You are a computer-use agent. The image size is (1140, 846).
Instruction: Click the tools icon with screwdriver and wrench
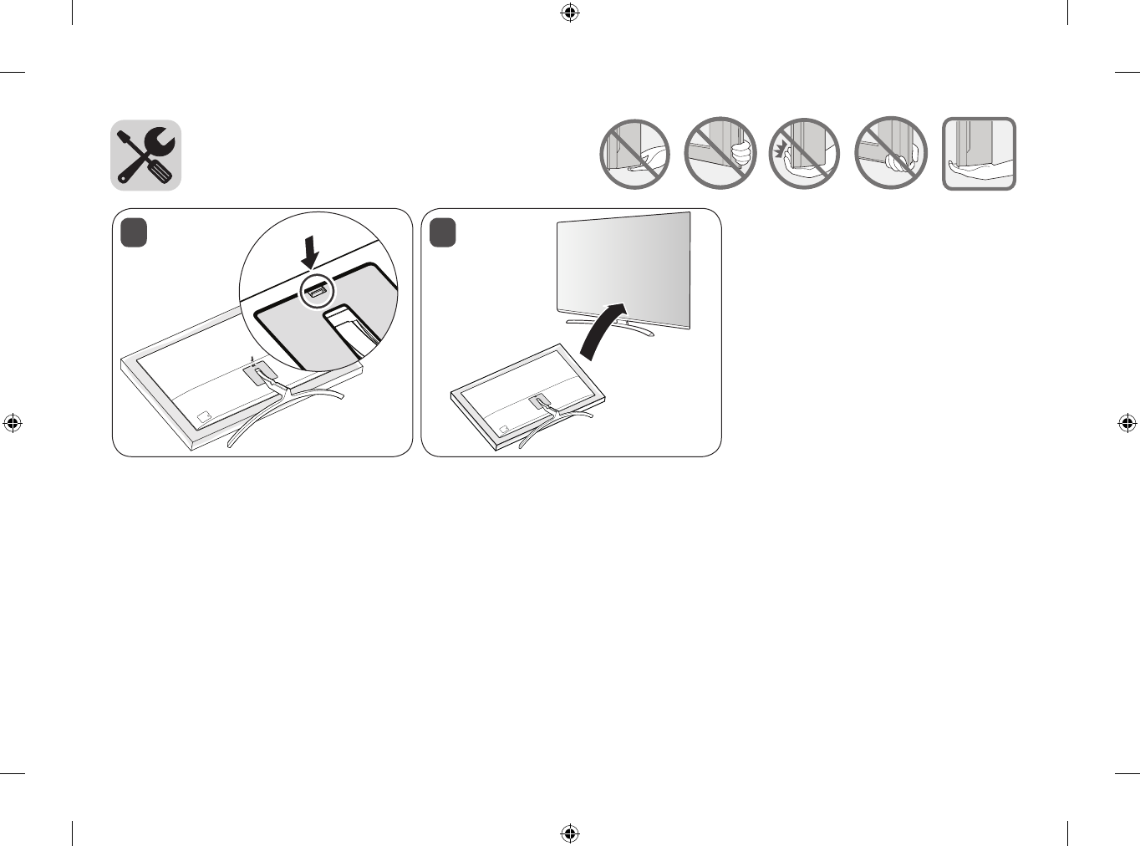tap(146, 155)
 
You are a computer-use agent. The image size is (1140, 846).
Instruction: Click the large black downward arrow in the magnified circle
tap(310, 252)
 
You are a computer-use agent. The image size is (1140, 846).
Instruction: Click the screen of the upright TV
tap(623, 268)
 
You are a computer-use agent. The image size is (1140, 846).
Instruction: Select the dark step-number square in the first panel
tap(134, 232)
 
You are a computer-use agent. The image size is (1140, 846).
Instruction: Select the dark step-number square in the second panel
tap(443, 232)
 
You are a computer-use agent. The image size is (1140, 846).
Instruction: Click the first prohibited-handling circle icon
tap(635, 154)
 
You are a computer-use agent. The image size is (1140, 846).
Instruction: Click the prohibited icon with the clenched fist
tap(720, 154)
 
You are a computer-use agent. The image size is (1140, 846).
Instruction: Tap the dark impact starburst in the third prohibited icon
tap(781, 150)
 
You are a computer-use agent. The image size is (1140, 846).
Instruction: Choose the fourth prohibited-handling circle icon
tap(891, 154)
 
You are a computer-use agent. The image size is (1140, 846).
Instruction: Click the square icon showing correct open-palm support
tap(980, 154)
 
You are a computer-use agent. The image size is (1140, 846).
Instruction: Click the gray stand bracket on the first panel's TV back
tap(260, 374)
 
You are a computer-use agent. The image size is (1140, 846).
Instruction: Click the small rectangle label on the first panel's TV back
tap(204, 416)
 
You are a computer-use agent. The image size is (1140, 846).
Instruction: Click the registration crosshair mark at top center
tap(570, 13)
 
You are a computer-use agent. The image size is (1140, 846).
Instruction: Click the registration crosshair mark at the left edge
tap(13, 423)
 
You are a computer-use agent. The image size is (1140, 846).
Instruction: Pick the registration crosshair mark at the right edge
tap(1127, 423)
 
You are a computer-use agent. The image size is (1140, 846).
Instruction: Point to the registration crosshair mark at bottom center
tap(570, 833)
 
